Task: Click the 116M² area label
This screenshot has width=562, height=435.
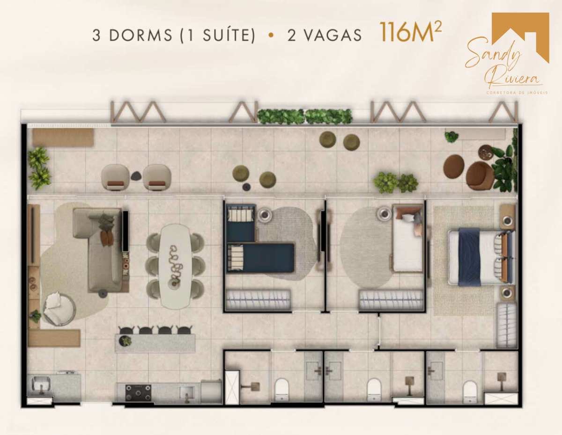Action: (x=411, y=32)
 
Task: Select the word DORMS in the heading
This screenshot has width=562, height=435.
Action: (x=140, y=35)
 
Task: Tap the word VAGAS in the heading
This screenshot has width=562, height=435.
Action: (x=333, y=35)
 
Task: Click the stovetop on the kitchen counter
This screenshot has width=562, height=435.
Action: (x=138, y=393)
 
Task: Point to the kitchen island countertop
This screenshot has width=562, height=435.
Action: (x=155, y=343)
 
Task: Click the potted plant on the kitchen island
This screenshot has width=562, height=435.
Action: (x=125, y=341)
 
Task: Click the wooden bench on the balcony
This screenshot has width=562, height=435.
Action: (x=63, y=138)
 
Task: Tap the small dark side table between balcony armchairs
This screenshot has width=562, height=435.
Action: (x=136, y=176)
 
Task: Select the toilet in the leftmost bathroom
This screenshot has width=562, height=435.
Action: (x=281, y=390)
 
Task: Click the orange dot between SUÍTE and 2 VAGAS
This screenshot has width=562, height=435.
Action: (x=271, y=35)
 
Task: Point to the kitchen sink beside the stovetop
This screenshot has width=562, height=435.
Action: (x=187, y=393)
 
